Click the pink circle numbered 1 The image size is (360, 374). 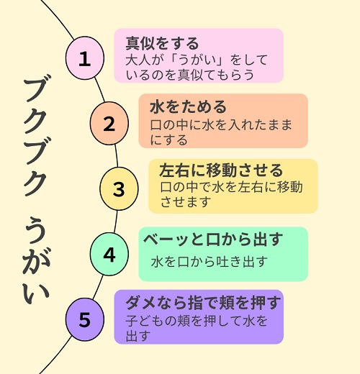tap(85, 58)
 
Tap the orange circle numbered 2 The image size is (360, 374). tap(109, 123)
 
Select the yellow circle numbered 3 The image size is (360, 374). tap(119, 188)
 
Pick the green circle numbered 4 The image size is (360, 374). tap(109, 254)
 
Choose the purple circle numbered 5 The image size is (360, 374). tap(85, 319)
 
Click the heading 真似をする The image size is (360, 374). tap(162, 43)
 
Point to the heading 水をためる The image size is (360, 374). tap(188, 107)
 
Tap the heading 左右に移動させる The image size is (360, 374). tap(221, 170)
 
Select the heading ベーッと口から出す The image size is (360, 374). tap(213, 240)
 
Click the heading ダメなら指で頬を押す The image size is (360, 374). tap(203, 303)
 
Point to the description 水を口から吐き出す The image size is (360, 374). tap(210, 262)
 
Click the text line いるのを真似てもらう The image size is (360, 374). tap(189, 75)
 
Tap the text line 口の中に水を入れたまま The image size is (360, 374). tap(221, 125)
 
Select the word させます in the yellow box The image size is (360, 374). tap(186, 202)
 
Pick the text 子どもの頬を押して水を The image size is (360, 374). tap(197, 321)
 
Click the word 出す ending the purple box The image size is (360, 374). tap(138, 336)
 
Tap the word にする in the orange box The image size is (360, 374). tap(168, 140)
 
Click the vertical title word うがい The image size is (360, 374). tap(37, 260)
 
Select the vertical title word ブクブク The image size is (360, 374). tap(35, 135)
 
